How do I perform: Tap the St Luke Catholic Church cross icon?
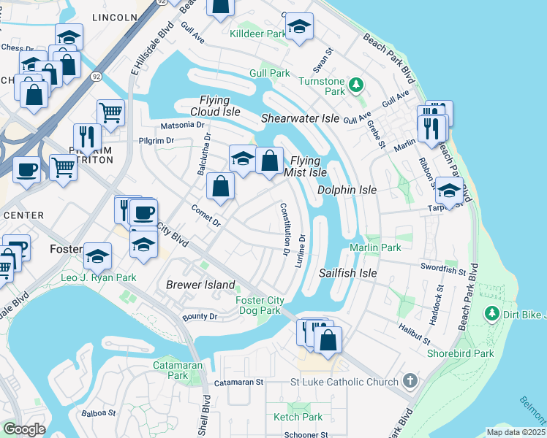point(410,381)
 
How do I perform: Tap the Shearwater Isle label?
point(301,118)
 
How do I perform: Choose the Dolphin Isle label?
point(347,190)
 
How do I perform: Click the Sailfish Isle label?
point(347,273)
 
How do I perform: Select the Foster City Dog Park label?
point(259,305)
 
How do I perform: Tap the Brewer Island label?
point(200,285)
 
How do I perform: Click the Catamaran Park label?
point(172,369)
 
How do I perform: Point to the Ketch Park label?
point(298,417)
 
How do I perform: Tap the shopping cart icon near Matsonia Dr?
point(110,113)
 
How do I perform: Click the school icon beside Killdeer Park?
point(298,27)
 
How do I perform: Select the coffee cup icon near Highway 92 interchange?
point(27,169)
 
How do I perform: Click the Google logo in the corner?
point(24,429)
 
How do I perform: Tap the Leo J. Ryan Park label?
point(98,278)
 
